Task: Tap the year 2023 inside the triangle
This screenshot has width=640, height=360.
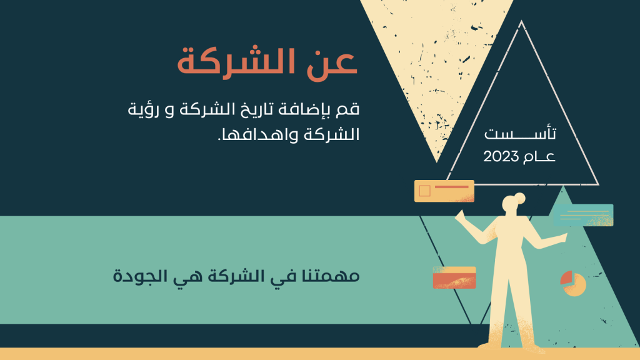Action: pyautogui.click(x=501, y=157)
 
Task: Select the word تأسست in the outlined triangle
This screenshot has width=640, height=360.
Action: pyautogui.click(x=520, y=133)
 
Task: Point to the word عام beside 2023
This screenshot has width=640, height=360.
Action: pyautogui.click(x=539, y=157)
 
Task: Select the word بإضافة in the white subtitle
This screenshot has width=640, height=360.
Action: pyautogui.click(x=311, y=110)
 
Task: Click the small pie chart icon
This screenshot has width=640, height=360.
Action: pyautogui.click(x=573, y=283)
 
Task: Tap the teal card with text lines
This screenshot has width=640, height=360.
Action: pyautogui.click(x=583, y=215)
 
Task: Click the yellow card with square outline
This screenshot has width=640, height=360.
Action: pyautogui.click(x=444, y=191)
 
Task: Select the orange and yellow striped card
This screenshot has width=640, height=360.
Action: pyautogui.click(x=454, y=277)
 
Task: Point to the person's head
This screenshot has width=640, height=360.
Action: pyautogui.click(x=510, y=205)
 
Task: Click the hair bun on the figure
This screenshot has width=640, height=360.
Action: pyautogui.click(x=519, y=198)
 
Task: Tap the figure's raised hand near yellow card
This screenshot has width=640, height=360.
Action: pyautogui.click(x=459, y=216)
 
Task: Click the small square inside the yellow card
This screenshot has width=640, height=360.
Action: pyautogui.click(x=424, y=191)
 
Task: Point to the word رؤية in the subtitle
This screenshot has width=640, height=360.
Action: pyautogui.click(x=141, y=109)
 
